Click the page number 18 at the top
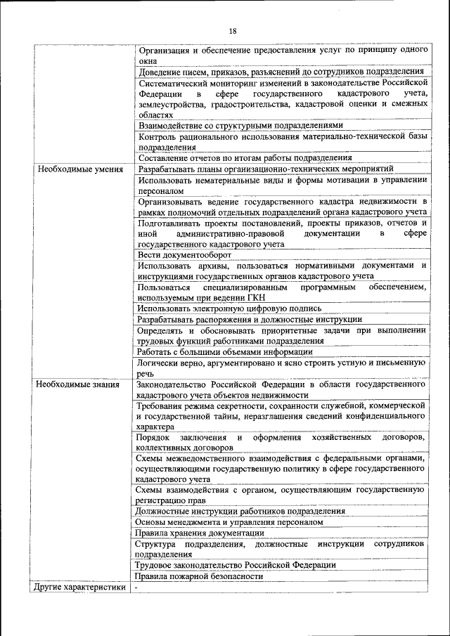pos(233,31)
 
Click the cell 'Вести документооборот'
pos(184,255)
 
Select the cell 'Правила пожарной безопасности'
pos(200,576)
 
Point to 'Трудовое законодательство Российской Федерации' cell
pos(236,565)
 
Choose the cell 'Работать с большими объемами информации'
pos(225,352)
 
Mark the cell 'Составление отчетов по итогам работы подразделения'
pos(245,158)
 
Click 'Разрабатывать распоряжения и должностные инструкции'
pos(250,319)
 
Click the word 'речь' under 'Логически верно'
pos(146,375)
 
